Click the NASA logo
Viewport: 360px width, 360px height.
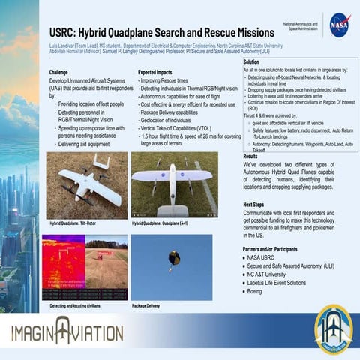339,25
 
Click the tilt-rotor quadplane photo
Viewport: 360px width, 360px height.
84,184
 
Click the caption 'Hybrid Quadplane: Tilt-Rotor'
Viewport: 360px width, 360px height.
78,223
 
